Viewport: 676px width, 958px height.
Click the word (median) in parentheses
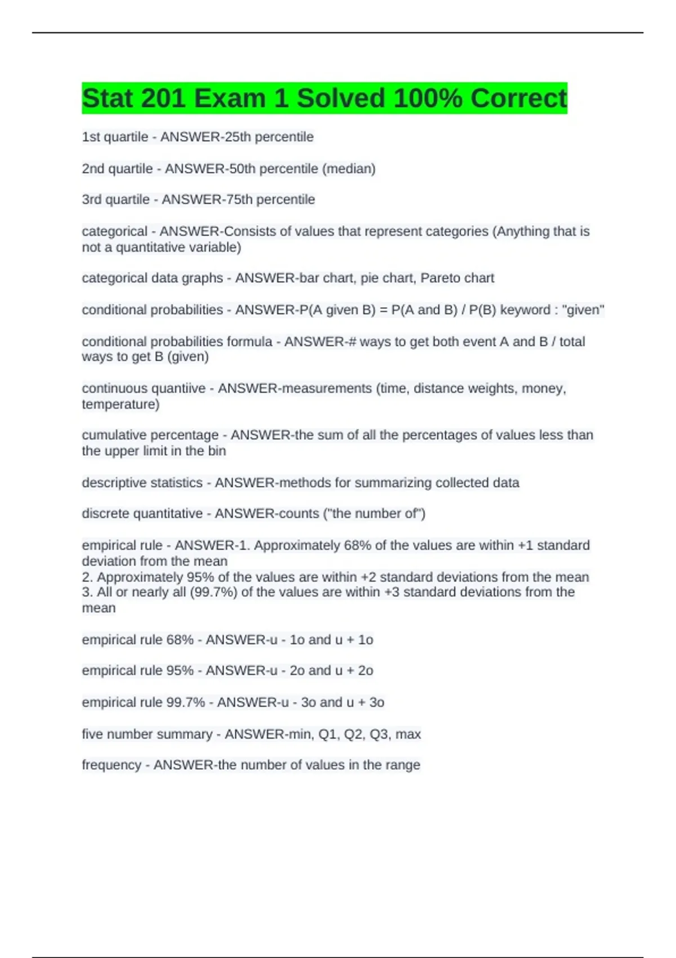pyautogui.click(x=349, y=168)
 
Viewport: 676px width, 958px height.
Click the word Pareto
pyautogui.click(x=441, y=278)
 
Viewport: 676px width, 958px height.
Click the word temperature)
pyautogui.click(x=121, y=404)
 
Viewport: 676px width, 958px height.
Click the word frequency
pyautogui.click(x=112, y=765)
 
